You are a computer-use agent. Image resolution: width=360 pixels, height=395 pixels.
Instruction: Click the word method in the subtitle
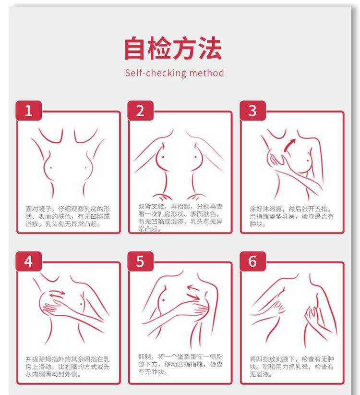[x=206, y=73]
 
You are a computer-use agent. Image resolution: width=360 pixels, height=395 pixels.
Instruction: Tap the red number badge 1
[x=28, y=111]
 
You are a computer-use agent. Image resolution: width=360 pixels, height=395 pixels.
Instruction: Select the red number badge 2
[x=140, y=111]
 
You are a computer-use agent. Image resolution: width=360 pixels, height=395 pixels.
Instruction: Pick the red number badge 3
[x=252, y=111]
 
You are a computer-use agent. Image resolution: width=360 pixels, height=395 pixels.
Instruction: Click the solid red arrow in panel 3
[x=289, y=145]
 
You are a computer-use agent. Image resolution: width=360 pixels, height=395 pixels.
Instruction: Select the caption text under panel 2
[x=180, y=217]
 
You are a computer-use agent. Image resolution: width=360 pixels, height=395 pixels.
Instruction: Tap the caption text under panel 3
[x=292, y=216]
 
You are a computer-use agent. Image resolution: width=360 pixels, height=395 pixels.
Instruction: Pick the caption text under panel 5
[x=180, y=364]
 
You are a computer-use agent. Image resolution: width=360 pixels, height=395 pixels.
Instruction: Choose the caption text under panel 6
[x=292, y=366]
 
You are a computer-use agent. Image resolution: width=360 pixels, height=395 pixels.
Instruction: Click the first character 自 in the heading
[x=136, y=48]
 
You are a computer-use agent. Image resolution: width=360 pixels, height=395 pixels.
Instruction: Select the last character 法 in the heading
[x=210, y=48]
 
